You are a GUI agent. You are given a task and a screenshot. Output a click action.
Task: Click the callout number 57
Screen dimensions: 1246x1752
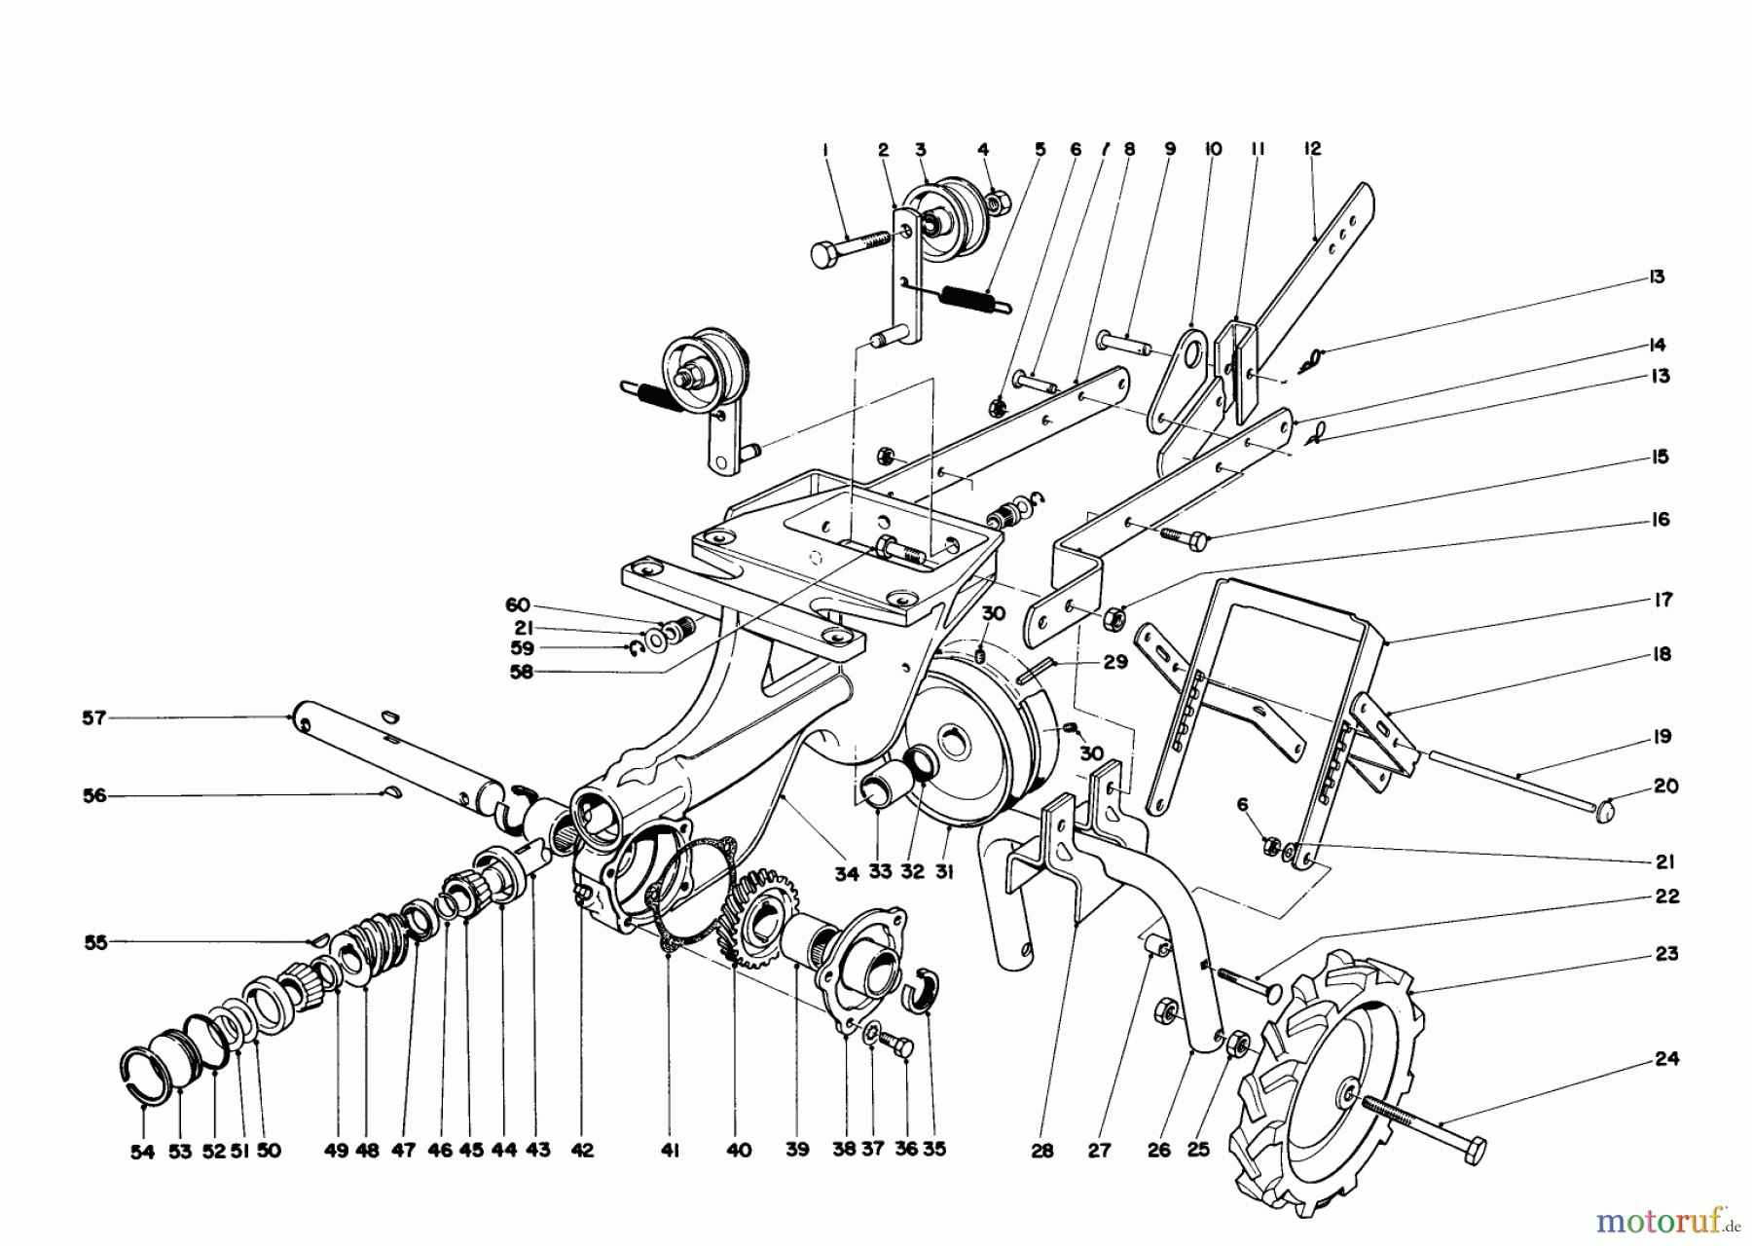point(93,717)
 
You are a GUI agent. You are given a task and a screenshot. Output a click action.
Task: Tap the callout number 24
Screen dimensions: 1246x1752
point(1666,1058)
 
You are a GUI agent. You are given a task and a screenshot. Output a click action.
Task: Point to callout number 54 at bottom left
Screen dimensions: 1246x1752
point(142,1150)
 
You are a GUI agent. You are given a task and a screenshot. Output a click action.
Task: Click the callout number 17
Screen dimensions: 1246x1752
point(1662,600)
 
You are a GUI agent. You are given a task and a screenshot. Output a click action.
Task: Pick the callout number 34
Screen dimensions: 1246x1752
point(846,874)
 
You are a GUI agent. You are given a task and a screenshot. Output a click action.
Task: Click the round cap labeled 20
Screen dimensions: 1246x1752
point(1612,807)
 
